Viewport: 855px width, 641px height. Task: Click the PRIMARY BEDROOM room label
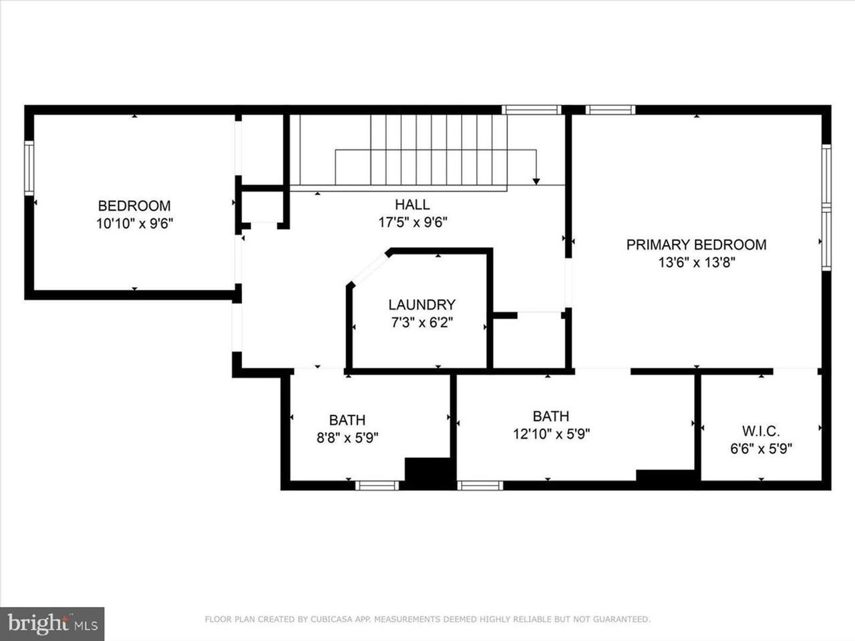tap(696, 245)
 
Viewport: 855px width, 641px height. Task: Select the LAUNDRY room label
tap(421, 305)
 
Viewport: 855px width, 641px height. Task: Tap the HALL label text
tap(412, 205)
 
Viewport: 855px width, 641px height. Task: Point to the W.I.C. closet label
tap(761, 431)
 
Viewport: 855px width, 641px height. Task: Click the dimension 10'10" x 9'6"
tap(134, 224)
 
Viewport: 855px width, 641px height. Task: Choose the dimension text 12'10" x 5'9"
tap(551, 434)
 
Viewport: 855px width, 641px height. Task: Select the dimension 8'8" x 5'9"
tap(347, 438)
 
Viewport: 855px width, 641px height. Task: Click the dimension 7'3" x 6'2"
tap(421, 323)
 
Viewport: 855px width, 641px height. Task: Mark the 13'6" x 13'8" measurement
tap(696, 263)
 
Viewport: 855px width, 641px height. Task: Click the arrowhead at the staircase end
tap(536, 180)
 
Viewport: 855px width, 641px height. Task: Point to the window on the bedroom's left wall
tap(29, 168)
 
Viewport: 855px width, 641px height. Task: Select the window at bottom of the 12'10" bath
tap(480, 485)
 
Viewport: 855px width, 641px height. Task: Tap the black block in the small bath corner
tap(429, 473)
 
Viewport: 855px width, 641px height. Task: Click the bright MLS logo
tap(52, 624)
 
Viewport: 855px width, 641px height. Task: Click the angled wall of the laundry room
tap(367, 268)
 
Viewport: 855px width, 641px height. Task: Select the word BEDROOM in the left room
tap(134, 206)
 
